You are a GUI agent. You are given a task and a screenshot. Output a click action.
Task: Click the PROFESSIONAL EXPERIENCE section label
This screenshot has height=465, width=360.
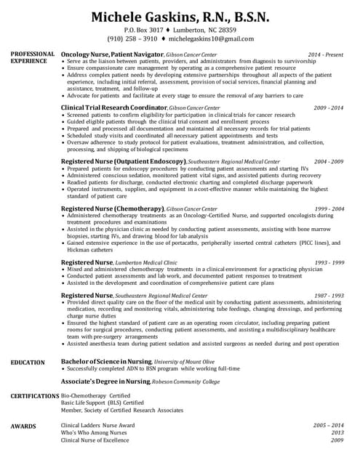click(32, 57)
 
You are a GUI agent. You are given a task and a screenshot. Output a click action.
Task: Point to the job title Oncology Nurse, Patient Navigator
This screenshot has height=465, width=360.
click(112, 54)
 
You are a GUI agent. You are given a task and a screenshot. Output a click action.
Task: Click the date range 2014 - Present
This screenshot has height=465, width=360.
click(325, 54)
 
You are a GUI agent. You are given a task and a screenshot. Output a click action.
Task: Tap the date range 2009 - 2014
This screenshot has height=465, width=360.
click(329, 108)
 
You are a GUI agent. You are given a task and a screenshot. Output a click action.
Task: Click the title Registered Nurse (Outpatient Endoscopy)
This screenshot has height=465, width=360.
click(124, 161)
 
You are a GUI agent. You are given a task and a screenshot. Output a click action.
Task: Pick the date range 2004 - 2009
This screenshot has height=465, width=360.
click(329, 161)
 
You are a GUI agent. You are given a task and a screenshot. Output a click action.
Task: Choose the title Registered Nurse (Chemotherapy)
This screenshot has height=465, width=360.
click(112, 209)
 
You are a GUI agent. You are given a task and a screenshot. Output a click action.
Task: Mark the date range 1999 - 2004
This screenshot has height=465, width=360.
click(329, 209)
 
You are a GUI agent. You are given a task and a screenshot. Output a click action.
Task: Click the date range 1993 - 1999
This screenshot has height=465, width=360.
click(329, 262)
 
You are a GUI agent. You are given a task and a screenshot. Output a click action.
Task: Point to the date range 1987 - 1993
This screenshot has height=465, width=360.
click(329, 296)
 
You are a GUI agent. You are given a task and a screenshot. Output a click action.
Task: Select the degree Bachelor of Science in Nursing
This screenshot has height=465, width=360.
click(105, 361)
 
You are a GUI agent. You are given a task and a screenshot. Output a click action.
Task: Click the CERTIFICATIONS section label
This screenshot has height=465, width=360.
click(35, 395)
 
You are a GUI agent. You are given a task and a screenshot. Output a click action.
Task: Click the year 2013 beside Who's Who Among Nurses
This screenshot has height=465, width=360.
click(336, 432)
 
